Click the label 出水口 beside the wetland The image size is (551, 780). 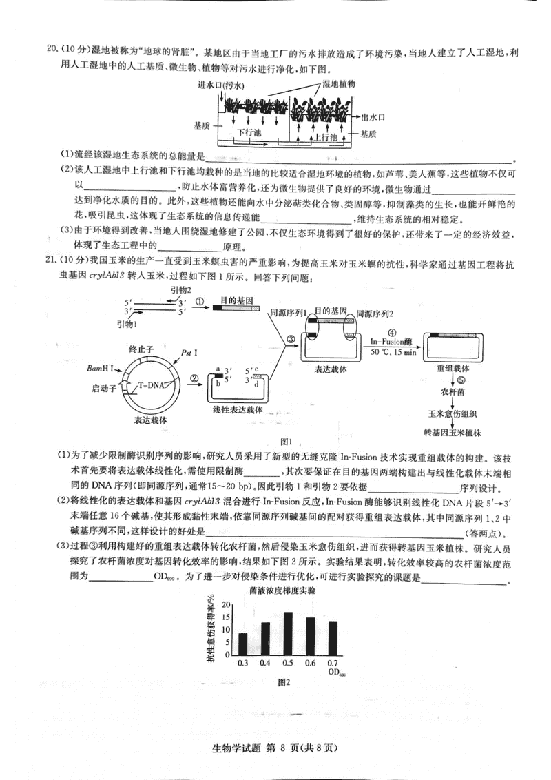(373, 117)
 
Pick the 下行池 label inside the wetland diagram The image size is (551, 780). (250, 131)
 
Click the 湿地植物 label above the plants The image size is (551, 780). (338, 83)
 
